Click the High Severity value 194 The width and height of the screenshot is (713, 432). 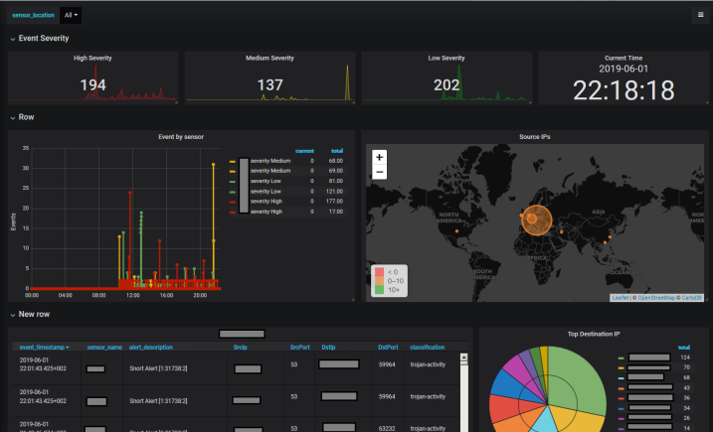[93, 86]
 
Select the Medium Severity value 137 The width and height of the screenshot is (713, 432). [270, 86]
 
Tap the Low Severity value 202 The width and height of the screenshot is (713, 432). [446, 86]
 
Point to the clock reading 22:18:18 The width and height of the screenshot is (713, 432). [624, 89]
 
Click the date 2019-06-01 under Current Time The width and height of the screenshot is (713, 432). [624, 69]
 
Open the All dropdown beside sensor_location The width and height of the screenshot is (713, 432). [71, 15]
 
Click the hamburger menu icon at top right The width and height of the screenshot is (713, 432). [701, 15]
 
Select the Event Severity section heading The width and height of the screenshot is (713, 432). [44, 38]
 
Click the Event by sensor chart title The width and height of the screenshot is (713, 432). [181, 136]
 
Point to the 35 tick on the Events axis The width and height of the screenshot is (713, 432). [25, 149]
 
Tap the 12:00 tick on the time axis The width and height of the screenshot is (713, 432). [132, 295]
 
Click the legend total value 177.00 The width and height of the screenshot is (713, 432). [336, 201]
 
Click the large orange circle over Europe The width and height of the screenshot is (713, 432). [537, 216]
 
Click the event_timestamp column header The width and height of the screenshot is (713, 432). [45, 348]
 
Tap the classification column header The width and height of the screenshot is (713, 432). [427, 348]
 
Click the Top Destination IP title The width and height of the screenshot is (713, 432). [595, 335]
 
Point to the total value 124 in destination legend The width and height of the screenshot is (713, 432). [684, 357]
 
